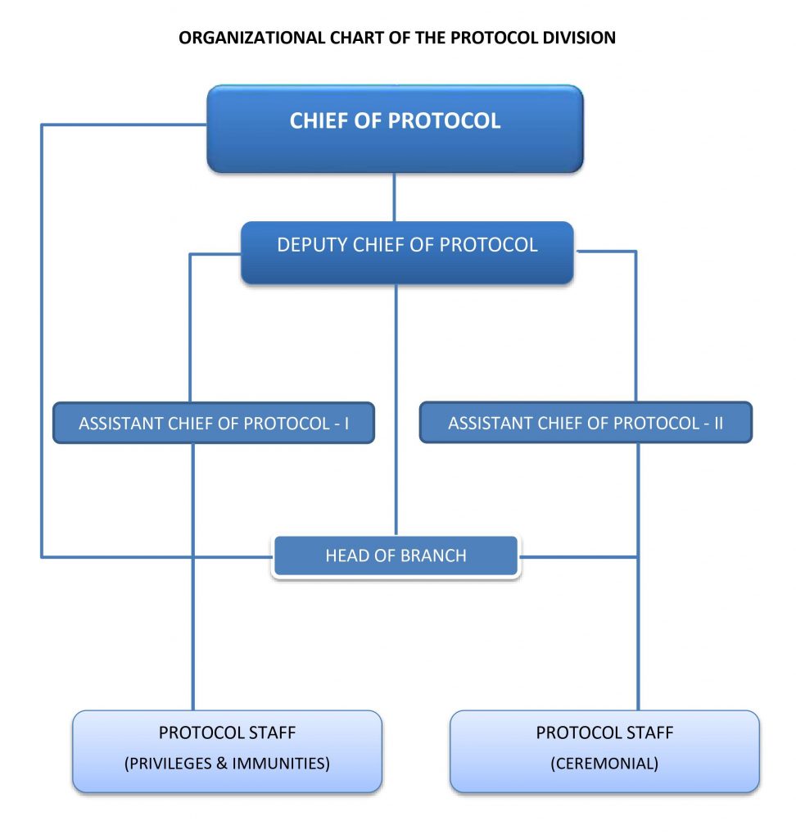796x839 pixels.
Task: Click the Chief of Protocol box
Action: [x=395, y=128]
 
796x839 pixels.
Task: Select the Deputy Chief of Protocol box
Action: [x=407, y=252]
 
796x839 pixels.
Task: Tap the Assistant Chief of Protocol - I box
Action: [x=214, y=423]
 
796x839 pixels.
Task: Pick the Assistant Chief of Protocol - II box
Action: [x=586, y=423]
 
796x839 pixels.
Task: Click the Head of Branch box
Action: [x=396, y=556]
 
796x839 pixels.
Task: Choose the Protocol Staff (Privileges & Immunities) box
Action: [x=227, y=751]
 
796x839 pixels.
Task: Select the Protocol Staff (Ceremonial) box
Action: [x=604, y=751]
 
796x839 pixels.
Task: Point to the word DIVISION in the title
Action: [x=579, y=38]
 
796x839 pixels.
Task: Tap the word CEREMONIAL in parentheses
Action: [x=604, y=764]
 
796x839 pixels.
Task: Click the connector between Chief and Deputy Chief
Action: [x=395, y=197]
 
